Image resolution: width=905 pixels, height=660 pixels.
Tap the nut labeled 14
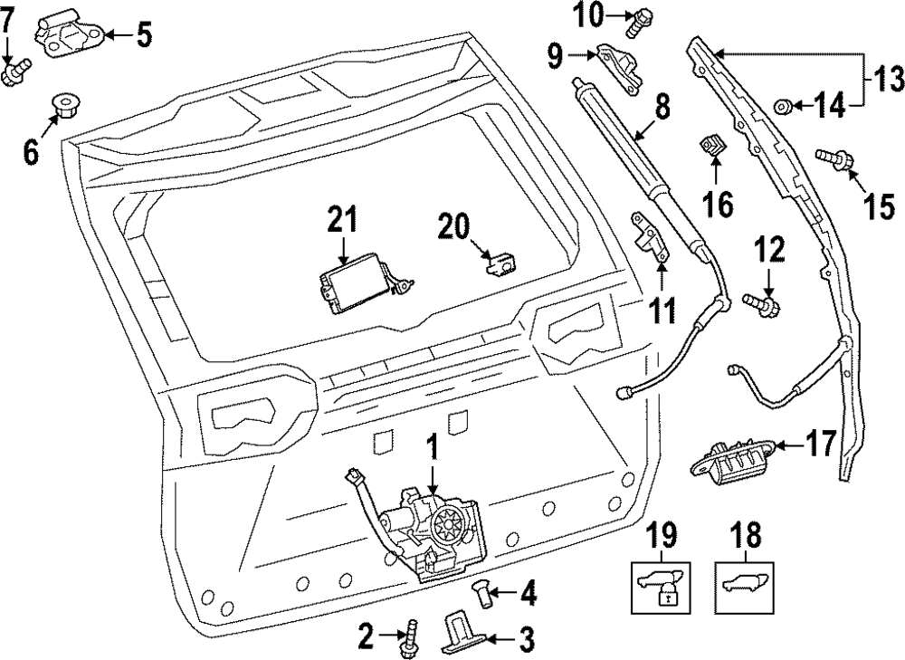pos(785,108)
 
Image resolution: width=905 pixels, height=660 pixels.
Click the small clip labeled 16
pos(713,144)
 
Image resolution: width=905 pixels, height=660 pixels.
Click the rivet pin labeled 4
pos(482,597)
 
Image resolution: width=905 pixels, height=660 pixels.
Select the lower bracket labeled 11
pos(651,238)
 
